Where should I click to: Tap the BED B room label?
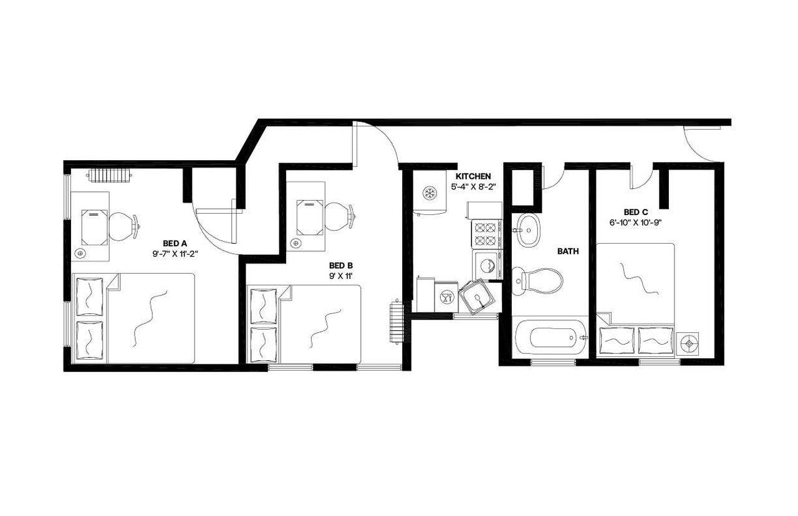click(x=342, y=265)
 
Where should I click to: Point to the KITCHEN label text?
click(x=473, y=176)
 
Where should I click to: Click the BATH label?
click(x=568, y=252)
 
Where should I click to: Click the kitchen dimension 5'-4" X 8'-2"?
click(x=473, y=186)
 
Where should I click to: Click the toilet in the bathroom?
click(x=537, y=280)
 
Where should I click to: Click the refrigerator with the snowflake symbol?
click(x=429, y=193)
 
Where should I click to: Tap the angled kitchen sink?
click(x=478, y=297)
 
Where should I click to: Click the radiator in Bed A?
click(x=110, y=176)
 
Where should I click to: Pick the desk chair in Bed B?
click(x=340, y=215)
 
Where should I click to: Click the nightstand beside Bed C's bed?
click(x=688, y=343)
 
